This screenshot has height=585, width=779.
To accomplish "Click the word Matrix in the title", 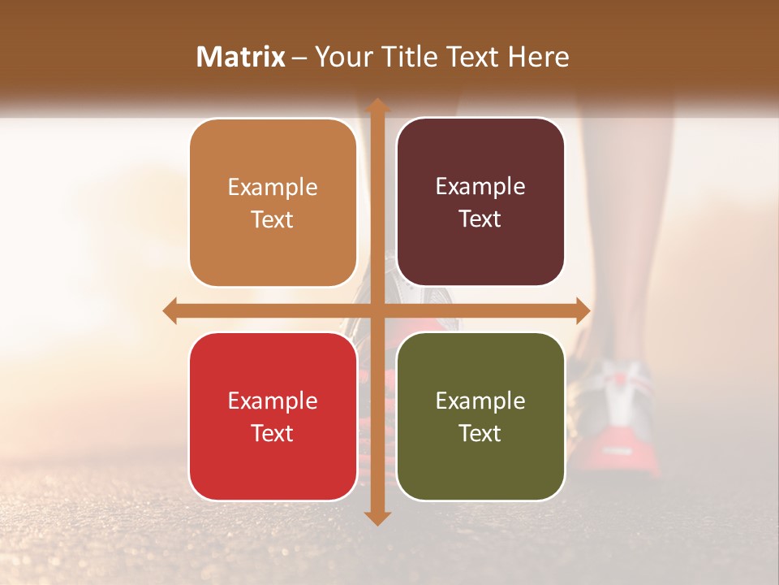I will click(241, 57).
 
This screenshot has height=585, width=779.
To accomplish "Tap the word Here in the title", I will click(538, 57).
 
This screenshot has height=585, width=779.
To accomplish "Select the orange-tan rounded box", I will click(273, 203).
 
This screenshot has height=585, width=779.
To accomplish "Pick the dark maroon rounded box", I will click(480, 202).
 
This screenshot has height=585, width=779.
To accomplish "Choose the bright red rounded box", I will click(273, 416).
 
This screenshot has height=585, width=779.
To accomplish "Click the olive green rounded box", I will click(480, 416).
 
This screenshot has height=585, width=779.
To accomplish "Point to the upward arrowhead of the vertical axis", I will click(377, 106).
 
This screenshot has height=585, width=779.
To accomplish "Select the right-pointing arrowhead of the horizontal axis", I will click(582, 310).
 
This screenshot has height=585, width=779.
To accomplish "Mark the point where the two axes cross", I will click(377, 310).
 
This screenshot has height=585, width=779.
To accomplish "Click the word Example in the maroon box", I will click(480, 187).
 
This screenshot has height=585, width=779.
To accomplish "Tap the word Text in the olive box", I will click(480, 433).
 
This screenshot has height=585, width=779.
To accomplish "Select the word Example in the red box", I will click(273, 401).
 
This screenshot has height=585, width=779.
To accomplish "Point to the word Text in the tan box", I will click(273, 219).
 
